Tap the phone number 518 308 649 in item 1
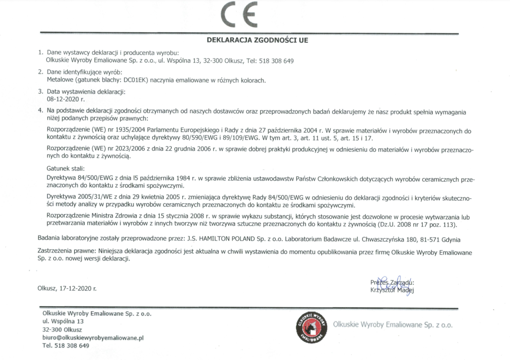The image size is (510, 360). tap(276, 61)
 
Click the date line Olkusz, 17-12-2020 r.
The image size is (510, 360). tap(67, 288)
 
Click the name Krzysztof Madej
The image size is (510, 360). tap(392, 289)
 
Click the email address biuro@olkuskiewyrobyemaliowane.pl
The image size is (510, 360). tap(93, 338)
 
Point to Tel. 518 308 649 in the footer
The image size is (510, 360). tap(66, 346)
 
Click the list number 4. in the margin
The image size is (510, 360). tap(40, 109)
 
